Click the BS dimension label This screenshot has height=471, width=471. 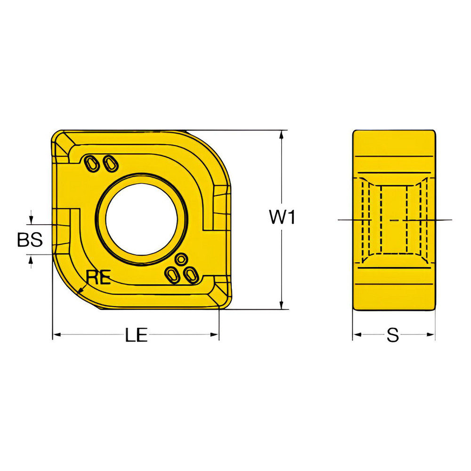pyautogui.click(x=30, y=240)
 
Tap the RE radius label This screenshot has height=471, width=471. pyautogui.click(x=98, y=278)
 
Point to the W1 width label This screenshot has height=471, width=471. pyautogui.click(x=282, y=218)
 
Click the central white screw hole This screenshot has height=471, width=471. pyautogui.click(x=141, y=219)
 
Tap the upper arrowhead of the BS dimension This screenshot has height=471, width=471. pyautogui.click(x=31, y=220)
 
